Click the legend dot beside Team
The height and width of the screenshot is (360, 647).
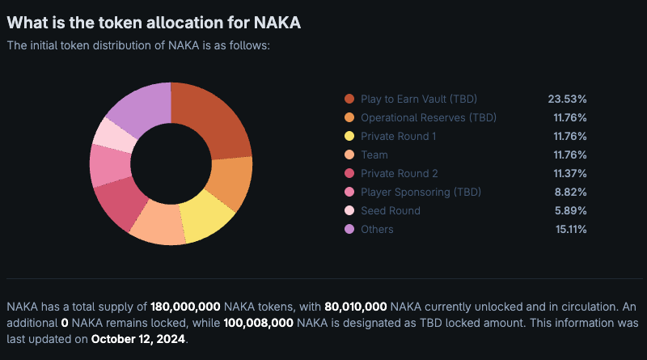point(349,155)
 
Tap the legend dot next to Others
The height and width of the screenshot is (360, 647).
point(349,229)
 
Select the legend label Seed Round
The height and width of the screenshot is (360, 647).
point(391,210)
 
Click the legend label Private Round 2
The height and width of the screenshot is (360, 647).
point(400,173)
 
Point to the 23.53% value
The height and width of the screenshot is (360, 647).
point(567,99)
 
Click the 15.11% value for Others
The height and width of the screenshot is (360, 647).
point(568,229)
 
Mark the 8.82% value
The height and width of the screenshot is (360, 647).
point(569,192)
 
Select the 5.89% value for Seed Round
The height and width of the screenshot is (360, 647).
point(569,210)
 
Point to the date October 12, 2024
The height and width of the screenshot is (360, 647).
point(138,339)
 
